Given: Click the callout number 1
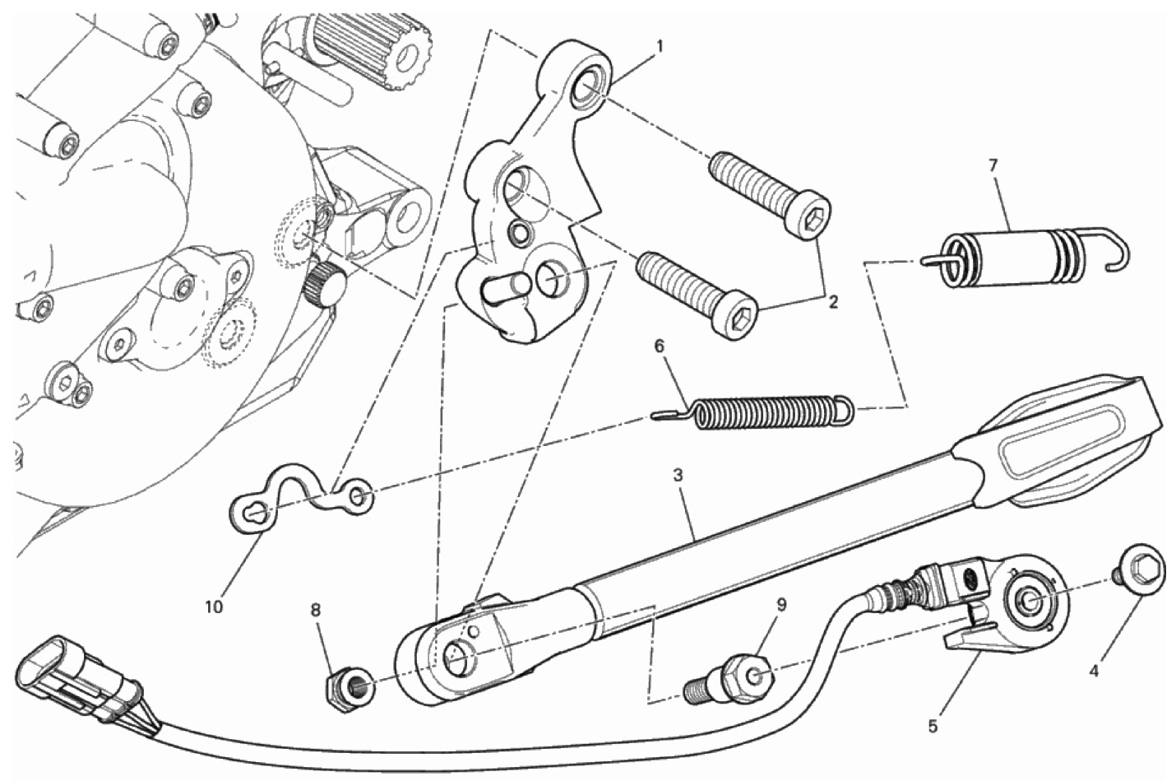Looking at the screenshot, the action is click(x=660, y=47).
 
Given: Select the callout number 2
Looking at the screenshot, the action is click(x=833, y=303).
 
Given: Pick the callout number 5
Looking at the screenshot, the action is click(x=933, y=727).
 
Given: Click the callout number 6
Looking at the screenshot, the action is click(x=660, y=346).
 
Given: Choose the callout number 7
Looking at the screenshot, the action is click(x=993, y=166).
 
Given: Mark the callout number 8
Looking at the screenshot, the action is click(x=315, y=611).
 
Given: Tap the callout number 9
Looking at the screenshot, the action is click(x=781, y=605).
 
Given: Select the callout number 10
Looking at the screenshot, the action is click(x=214, y=607).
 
